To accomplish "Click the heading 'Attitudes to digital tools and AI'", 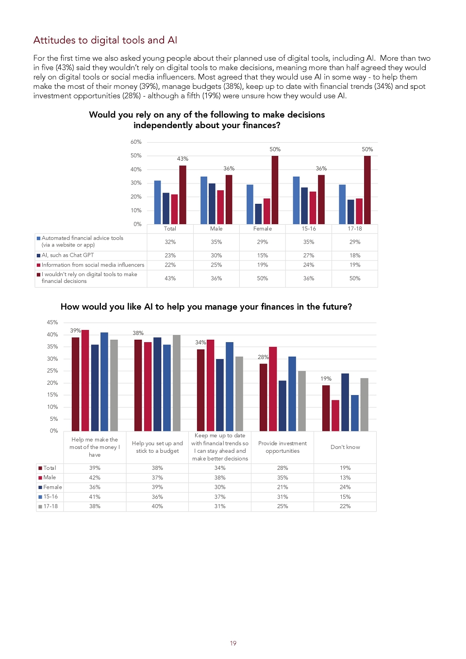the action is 105,40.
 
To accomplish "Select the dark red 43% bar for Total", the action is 183,195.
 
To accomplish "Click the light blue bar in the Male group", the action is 203,200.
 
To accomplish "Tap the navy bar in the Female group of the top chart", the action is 258,214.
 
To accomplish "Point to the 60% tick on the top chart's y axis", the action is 136,142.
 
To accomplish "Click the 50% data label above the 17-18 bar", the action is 367,149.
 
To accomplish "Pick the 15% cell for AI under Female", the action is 263,256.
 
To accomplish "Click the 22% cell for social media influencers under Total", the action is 170,265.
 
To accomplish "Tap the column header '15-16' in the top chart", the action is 309,229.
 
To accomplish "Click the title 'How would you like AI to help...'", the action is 206,307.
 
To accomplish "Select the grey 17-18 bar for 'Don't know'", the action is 364,405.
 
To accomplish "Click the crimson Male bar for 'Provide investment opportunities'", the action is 273,389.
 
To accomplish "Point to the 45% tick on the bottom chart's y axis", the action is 52,322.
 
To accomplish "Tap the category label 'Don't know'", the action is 345,447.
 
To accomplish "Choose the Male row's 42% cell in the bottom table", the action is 95,478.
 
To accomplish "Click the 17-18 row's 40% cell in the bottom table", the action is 157,506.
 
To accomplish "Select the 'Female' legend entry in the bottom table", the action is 50,487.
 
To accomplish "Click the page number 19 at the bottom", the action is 233,643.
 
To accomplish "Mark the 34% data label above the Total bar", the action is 200,343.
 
